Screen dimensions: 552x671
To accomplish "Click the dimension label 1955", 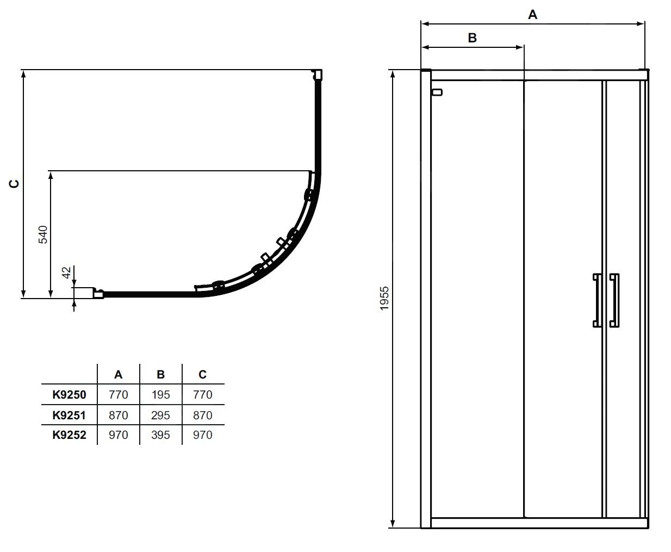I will coord(384,298).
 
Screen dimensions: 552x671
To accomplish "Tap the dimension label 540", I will coord(43,234).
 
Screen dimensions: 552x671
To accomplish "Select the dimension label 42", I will coord(66,272).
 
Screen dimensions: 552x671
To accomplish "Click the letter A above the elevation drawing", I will coord(532,15).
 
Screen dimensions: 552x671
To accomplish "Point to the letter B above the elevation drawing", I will coord(472,38).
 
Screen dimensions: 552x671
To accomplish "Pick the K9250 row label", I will coord(69,395).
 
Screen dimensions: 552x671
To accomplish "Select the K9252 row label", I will coord(69,435).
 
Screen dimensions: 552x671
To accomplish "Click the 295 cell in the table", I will coord(160,415).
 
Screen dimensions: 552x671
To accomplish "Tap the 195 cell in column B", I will coord(160,395).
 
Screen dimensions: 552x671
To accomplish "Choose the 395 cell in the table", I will coord(160,435).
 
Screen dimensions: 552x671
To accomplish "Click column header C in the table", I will coord(202,375).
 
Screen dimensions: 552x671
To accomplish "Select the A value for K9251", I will coord(118,415).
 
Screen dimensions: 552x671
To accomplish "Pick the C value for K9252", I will coord(202,435).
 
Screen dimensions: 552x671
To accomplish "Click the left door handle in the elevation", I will coord(597,300).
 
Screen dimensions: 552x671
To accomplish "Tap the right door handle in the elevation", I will coord(614,300).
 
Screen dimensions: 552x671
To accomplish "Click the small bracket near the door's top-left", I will coord(437,92).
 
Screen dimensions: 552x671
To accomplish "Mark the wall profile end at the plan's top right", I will coord(317,75).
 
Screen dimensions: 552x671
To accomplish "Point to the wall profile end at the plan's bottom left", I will coord(98,294).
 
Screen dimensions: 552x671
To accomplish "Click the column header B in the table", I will coord(160,375).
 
